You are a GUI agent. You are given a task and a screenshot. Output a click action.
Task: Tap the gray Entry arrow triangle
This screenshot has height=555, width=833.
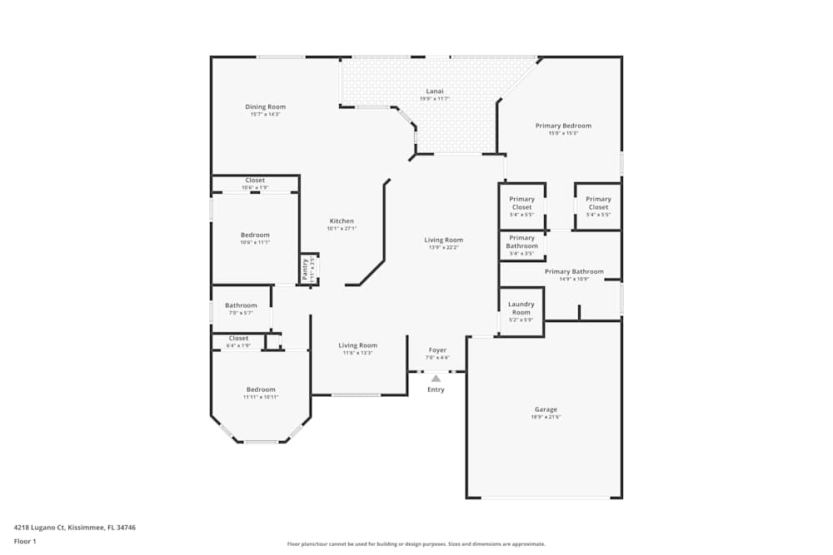[436, 378]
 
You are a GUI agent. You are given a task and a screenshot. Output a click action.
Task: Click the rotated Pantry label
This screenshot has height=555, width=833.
[306, 269]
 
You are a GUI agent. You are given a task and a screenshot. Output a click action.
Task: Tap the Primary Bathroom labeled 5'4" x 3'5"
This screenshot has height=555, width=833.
[522, 241]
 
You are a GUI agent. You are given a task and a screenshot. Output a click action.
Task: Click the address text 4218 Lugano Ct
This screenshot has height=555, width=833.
[74, 527]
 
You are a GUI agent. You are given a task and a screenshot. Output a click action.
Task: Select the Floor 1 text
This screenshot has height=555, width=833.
[25, 541]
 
